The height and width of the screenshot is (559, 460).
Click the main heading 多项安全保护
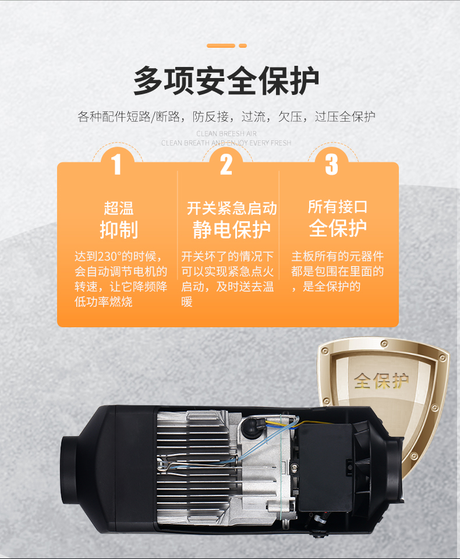227,81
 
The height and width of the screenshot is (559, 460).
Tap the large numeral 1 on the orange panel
117,164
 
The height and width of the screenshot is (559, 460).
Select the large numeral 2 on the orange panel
226,164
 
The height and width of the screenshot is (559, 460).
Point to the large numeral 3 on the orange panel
331,164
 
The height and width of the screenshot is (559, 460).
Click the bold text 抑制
119,229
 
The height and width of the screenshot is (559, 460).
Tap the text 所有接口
338,207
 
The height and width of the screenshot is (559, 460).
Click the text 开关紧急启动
232,208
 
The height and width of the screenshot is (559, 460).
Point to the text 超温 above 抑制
119,208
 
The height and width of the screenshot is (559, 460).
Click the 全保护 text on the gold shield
381,381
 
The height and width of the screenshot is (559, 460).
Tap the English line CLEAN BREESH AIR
226,134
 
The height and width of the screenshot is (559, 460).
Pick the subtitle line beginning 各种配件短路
227,116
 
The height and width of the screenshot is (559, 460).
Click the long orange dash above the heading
221,45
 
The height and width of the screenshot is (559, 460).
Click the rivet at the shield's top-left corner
325,351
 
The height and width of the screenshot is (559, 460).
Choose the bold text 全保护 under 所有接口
338,228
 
